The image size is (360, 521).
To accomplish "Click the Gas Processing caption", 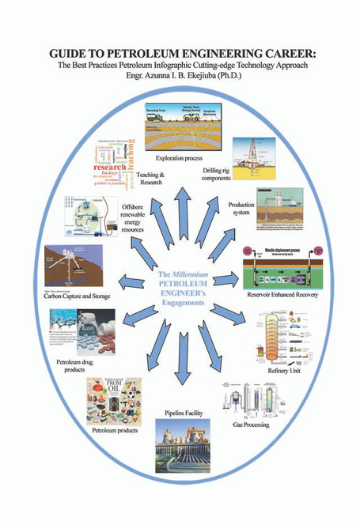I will coord(252,425).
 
